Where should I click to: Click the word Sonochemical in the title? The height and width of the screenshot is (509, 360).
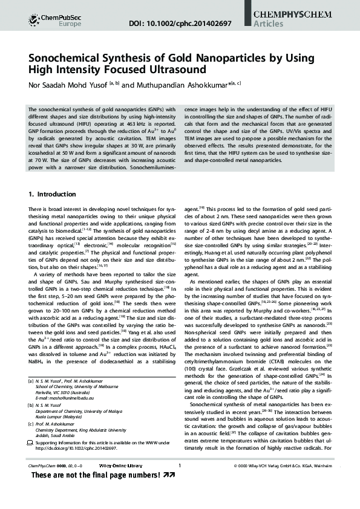point(67,58)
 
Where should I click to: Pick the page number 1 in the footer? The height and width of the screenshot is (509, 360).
point(180,482)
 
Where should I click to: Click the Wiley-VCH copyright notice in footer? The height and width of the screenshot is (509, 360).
point(283,482)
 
